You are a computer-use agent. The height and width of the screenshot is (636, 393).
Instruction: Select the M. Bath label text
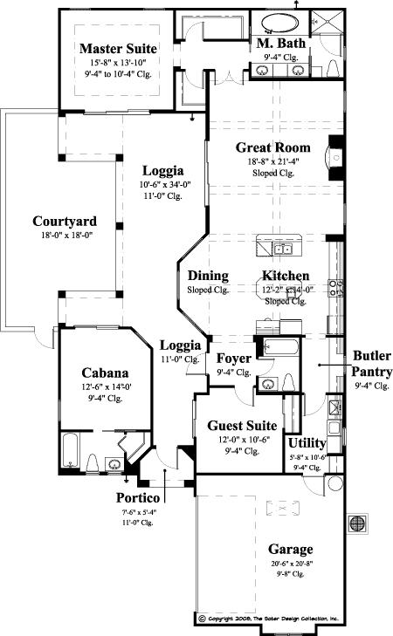pyautogui.click(x=279, y=44)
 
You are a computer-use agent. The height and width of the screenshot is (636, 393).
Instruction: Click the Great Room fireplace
pyautogui.click(x=332, y=156)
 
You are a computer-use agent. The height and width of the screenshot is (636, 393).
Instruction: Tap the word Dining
pyautogui.click(x=208, y=276)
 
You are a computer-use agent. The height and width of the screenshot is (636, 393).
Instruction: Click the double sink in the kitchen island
pyautogui.click(x=266, y=250)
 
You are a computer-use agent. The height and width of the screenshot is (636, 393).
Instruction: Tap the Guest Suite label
pyautogui.click(x=242, y=426)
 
